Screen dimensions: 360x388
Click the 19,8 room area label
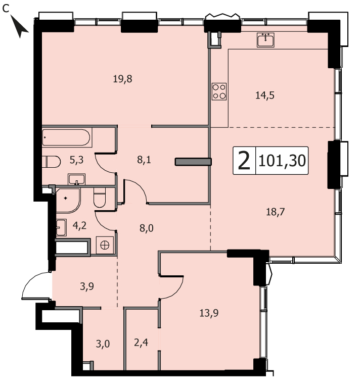pos(122,79)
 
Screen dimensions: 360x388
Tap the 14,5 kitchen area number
pos(264,95)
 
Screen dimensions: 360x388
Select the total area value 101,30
pos(282,161)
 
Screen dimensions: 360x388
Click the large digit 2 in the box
pos(244,161)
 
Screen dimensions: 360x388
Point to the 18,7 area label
pos(276,212)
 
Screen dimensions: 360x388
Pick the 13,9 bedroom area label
pos(209,313)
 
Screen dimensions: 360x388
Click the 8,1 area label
pos(144,160)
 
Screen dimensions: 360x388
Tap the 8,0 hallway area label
pos(146,228)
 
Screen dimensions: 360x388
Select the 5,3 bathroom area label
pos(76,160)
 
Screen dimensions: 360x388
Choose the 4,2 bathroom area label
pos(79,225)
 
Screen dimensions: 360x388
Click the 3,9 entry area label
pos(87,286)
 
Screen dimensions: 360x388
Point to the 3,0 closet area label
pos(103,344)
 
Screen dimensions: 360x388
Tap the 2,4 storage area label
pos(141,343)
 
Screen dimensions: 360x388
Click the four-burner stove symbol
pos(219,91)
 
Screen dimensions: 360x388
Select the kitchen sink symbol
pos(265,40)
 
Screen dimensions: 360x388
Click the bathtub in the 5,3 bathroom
pos(66,137)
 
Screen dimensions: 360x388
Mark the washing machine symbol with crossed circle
pos(105,245)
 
